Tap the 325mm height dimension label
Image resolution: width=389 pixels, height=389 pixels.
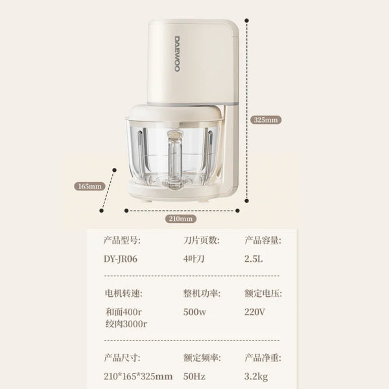click(x=266, y=120)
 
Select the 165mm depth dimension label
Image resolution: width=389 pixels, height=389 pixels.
click(x=90, y=186)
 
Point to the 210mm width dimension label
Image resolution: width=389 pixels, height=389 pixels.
click(x=182, y=218)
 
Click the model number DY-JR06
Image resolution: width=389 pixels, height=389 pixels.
click(x=121, y=258)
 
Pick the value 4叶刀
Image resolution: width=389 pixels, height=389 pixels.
click(x=195, y=258)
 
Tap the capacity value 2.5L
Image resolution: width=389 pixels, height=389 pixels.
click(x=255, y=258)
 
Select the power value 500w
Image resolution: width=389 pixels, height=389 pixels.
click(x=195, y=311)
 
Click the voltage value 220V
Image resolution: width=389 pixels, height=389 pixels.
click(x=255, y=311)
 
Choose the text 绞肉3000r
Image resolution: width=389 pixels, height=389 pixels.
click(x=126, y=324)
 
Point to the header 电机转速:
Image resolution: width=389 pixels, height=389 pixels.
click(x=123, y=293)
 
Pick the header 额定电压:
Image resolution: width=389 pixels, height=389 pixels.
click(x=263, y=293)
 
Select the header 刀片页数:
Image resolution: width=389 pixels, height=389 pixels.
click(x=202, y=241)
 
